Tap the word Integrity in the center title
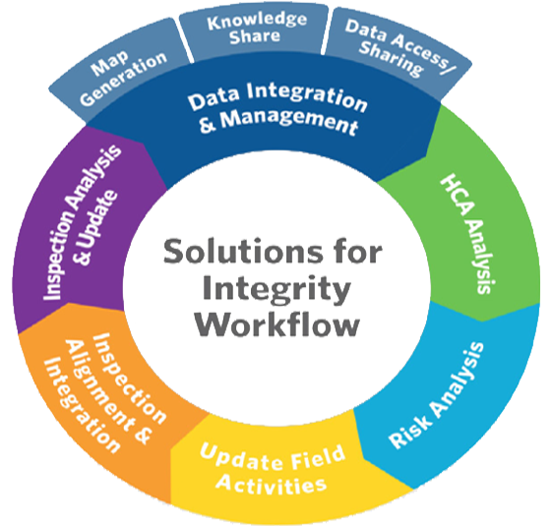pos(276,289)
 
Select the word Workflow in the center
pos(276,323)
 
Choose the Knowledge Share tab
pos(256,30)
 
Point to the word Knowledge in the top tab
pos(257,22)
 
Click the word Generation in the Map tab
pos(124,79)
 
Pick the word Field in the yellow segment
pos(318,457)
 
